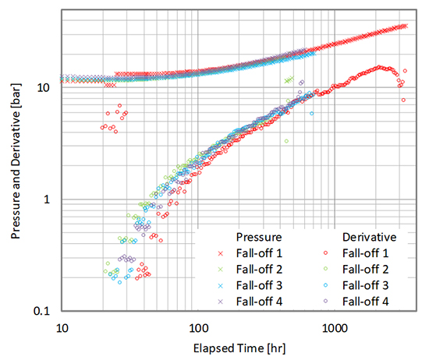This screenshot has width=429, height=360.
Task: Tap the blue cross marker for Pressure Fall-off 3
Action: point(221,284)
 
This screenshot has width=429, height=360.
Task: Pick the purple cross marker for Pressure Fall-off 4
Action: point(221,301)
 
